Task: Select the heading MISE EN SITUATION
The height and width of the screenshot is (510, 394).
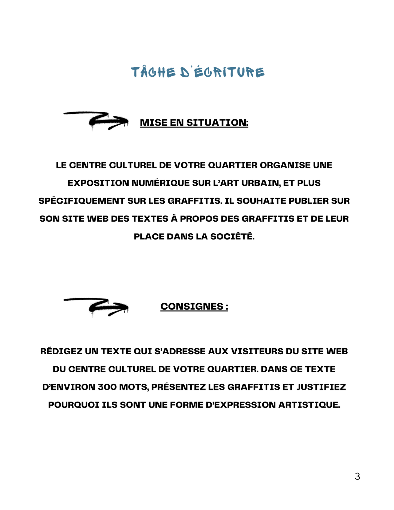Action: point(194,123)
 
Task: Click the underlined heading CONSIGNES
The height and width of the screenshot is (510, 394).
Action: point(194,306)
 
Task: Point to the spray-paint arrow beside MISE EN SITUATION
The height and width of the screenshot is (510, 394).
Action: point(96,120)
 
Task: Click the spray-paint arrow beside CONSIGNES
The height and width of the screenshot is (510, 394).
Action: point(96,307)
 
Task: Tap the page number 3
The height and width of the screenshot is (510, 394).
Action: point(357,476)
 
